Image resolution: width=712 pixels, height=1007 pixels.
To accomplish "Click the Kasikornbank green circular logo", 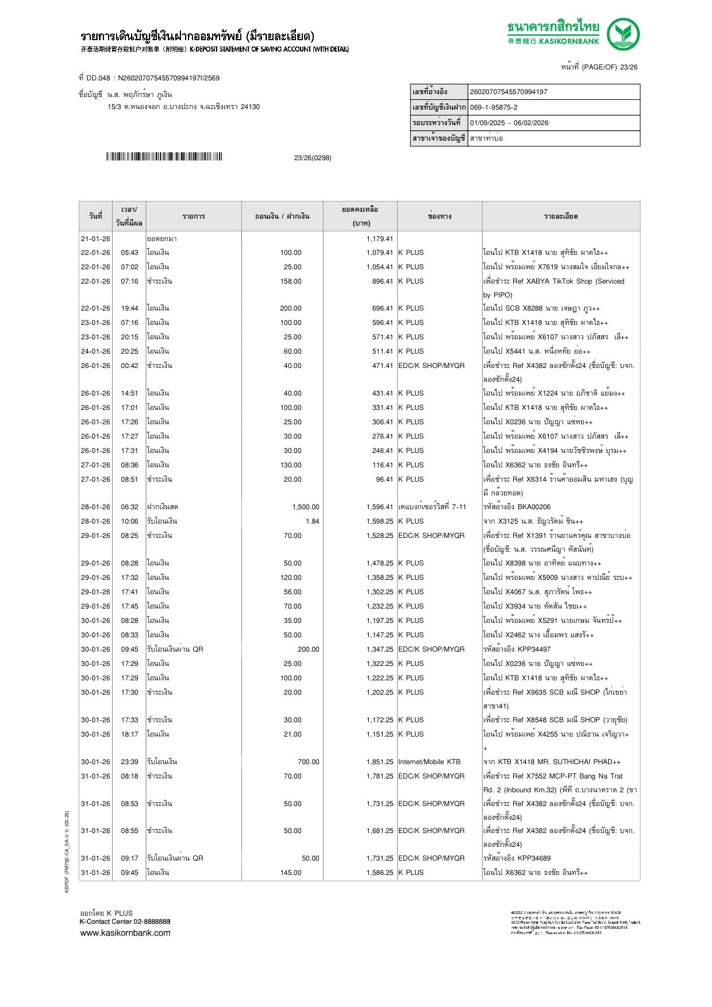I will [x=624, y=34].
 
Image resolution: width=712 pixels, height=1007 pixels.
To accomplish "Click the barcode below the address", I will [x=164, y=157].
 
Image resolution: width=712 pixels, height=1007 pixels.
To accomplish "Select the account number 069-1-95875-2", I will [x=494, y=107].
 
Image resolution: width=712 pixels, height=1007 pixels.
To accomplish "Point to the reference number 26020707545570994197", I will [x=509, y=92].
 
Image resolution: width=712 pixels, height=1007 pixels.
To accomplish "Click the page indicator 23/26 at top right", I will [x=629, y=67].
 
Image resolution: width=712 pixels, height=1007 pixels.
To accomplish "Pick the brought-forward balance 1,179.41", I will [x=380, y=239].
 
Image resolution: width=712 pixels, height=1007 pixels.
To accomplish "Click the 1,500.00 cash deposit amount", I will [x=306, y=507].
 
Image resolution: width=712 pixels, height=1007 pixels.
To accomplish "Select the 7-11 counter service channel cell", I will [x=432, y=507].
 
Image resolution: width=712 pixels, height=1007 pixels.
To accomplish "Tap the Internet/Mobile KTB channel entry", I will [x=429, y=762].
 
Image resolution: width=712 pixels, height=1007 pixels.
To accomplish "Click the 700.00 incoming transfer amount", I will [x=308, y=762].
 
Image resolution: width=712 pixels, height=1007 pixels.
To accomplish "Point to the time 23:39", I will [x=129, y=762].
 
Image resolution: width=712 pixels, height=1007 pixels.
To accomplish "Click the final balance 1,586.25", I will [x=380, y=873].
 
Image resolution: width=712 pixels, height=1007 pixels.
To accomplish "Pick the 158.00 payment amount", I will [x=291, y=281].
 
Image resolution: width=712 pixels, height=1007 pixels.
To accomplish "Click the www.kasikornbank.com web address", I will [x=125, y=933].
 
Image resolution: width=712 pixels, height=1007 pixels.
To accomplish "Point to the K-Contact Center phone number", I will [x=152, y=921].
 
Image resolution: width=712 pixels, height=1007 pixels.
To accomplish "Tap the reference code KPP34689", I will [x=534, y=858].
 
